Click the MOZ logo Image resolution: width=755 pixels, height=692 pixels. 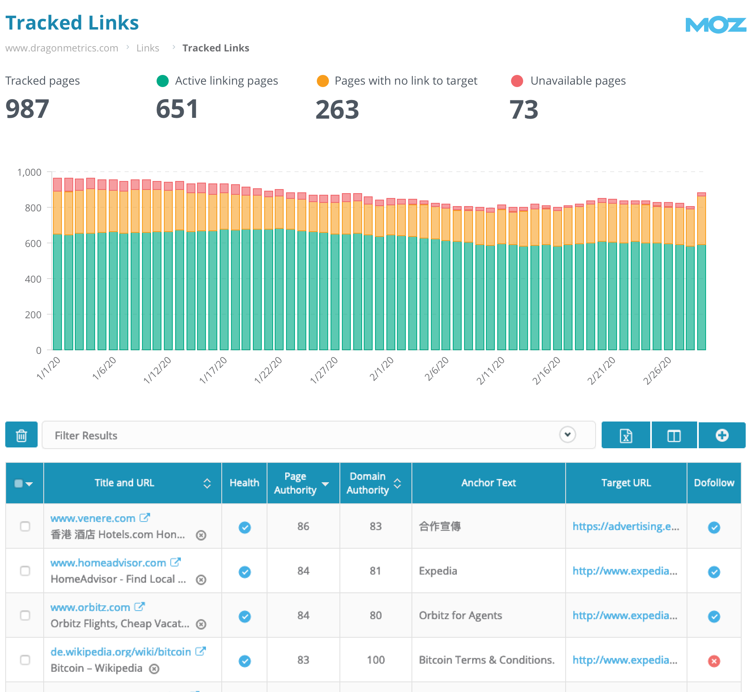[x=715, y=25]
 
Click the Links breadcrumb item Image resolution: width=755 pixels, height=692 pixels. [x=148, y=48]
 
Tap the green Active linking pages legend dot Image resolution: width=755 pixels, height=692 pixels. [x=163, y=81]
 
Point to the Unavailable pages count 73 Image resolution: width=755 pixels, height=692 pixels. [x=524, y=110]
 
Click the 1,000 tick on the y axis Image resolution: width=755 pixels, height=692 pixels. [x=29, y=172]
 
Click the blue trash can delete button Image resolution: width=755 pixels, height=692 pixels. [x=21, y=435]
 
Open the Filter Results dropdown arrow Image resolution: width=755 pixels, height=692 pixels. [x=567, y=435]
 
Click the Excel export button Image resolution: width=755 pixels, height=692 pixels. [x=626, y=435]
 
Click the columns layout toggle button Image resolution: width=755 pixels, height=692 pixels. [x=674, y=435]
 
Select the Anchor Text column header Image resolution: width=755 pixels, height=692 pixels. [x=488, y=483]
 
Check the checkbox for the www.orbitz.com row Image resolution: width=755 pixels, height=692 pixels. [x=25, y=615]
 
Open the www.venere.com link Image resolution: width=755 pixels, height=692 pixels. [x=93, y=518]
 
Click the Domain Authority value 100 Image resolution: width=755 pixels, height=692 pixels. [x=375, y=660]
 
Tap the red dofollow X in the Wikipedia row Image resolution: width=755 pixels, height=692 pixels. [x=714, y=661]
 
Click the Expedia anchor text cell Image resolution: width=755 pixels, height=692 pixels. [x=438, y=571]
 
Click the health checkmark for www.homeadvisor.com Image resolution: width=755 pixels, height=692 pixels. [x=244, y=572]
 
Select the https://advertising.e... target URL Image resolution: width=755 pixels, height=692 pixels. [x=626, y=526]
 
